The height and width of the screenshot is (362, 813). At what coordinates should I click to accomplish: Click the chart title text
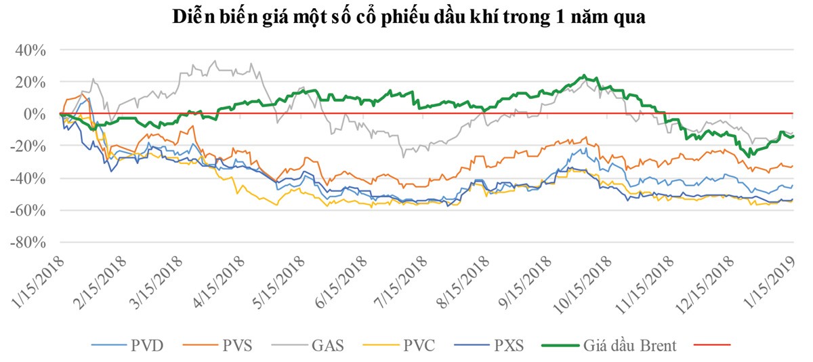406,17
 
